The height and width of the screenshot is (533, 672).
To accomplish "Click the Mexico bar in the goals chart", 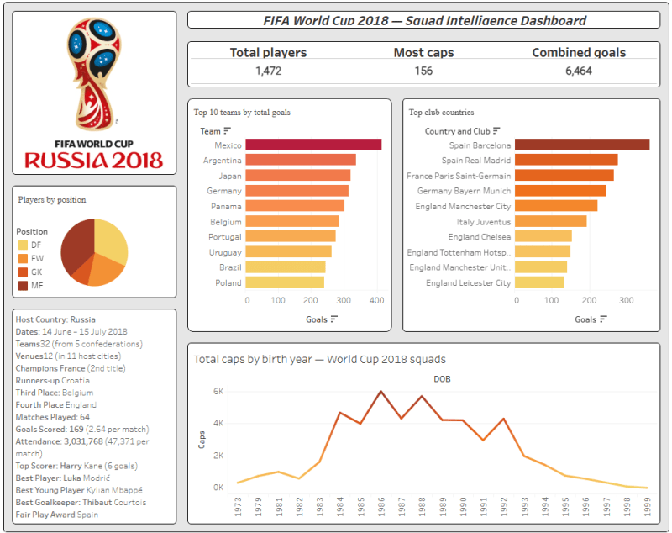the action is pyautogui.click(x=313, y=145).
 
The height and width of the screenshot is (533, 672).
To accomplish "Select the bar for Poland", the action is pyautogui.click(x=285, y=282).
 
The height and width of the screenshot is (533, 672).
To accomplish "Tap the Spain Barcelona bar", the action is pyautogui.click(x=582, y=145).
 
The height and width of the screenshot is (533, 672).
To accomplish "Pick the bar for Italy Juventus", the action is pyautogui.click(x=551, y=221).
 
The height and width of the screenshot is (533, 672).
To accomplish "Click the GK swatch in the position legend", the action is pyautogui.click(x=23, y=272).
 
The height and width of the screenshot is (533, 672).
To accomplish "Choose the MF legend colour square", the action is pyautogui.click(x=23, y=286).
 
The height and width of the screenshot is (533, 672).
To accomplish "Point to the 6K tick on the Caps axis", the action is pyautogui.click(x=218, y=392).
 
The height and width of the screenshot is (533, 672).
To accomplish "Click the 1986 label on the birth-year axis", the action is pyautogui.click(x=381, y=506).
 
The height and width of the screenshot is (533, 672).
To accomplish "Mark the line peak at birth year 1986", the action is pyautogui.click(x=381, y=391).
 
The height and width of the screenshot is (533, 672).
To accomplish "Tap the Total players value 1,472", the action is pyautogui.click(x=269, y=71).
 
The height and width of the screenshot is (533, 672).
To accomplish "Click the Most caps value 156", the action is pyautogui.click(x=423, y=71).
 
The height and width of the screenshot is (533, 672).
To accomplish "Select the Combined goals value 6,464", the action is pyautogui.click(x=579, y=71).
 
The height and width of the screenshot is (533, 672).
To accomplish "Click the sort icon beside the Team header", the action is pyautogui.click(x=227, y=131).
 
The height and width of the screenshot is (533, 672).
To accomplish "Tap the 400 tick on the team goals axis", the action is pyautogui.click(x=376, y=301).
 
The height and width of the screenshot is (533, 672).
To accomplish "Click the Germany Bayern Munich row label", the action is pyautogui.click(x=465, y=191).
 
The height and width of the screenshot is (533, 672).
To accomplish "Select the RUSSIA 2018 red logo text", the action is pyautogui.click(x=94, y=161).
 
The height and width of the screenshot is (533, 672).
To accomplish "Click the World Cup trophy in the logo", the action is pyautogui.click(x=94, y=74).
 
